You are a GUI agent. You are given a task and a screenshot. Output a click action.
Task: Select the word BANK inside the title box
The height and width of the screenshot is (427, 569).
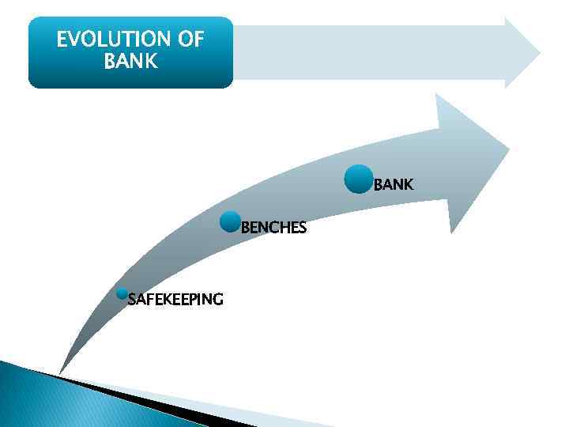[130, 61]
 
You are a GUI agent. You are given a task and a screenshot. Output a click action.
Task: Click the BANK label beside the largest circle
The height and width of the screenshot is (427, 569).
[393, 185]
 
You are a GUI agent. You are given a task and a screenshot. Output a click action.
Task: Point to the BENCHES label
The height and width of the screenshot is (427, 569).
[273, 229]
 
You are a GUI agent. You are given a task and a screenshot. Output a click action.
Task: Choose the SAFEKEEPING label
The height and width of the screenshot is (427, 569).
[175, 299]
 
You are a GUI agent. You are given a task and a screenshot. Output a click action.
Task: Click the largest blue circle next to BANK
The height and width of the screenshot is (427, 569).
[359, 179]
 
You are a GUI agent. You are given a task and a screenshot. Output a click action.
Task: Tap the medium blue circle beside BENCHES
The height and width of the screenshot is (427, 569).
[230, 222]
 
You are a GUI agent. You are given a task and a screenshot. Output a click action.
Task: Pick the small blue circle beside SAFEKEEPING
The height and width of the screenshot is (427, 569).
[122, 293]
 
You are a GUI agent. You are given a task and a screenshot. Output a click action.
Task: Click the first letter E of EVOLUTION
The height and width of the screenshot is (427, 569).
[62, 40]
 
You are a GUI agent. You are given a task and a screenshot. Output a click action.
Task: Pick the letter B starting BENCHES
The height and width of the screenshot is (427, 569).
[245, 229]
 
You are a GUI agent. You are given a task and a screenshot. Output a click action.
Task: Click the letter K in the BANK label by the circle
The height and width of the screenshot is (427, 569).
[408, 185]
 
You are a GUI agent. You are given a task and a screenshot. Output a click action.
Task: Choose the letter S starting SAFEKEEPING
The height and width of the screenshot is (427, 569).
[132, 299]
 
